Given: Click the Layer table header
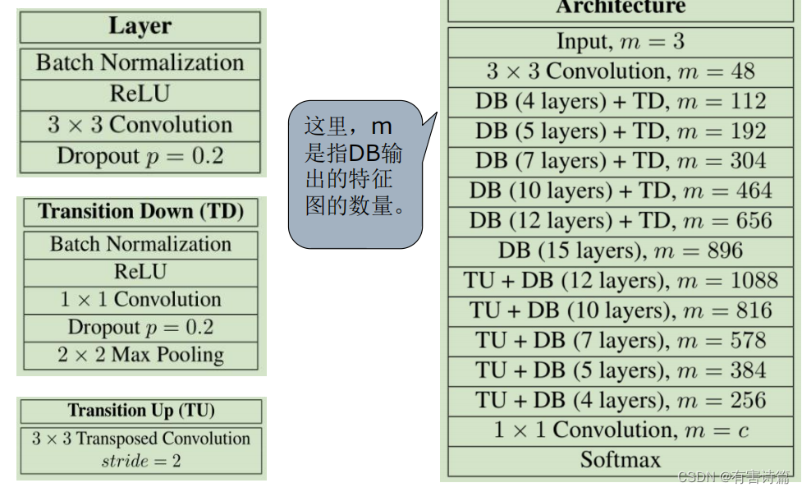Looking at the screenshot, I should pyautogui.click(x=140, y=25).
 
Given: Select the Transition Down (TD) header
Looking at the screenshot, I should pyautogui.click(x=140, y=212).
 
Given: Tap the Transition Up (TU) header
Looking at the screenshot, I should pyautogui.click(x=141, y=411).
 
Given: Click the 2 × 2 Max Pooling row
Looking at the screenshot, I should pyautogui.click(x=140, y=356).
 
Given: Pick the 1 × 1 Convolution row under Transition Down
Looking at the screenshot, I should pyautogui.click(x=140, y=300).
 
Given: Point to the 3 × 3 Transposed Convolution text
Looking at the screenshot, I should pyautogui.click(x=141, y=439).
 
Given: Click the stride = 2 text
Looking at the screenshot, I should pyautogui.click(x=141, y=460).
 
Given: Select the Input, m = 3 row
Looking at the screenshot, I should pyautogui.click(x=620, y=41).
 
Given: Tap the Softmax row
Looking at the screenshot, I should pyautogui.click(x=620, y=459).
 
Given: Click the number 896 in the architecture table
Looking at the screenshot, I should pyautogui.click(x=722, y=251).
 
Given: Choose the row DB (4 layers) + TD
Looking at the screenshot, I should pyautogui.click(x=620, y=101).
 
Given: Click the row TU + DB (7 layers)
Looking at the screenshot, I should pyautogui.click(x=620, y=341).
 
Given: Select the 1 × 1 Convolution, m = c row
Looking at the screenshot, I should pyautogui.click(x=620, y=430).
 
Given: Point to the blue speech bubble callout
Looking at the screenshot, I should pyautogui.click(x=355, y=173).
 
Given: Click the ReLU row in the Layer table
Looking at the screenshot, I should pyautogui.click(x=140, y=94).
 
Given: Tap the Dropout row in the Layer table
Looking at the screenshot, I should pyautogui.click(x=140, y=156).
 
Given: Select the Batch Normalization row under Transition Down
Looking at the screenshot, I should pyautogui.click(x=140, y=245).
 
